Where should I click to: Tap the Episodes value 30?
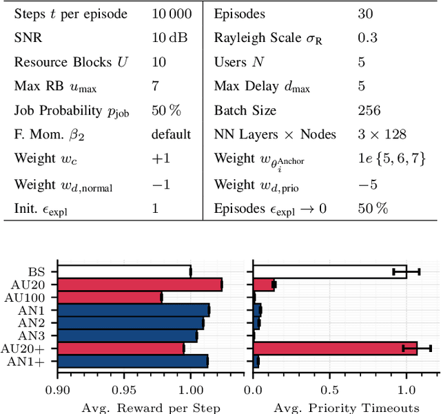365,14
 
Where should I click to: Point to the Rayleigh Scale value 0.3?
367,38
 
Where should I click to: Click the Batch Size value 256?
369,110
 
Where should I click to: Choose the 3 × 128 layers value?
381,134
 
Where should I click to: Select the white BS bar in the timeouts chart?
330,272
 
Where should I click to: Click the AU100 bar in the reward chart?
110,298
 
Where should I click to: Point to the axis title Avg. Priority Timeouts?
346,407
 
